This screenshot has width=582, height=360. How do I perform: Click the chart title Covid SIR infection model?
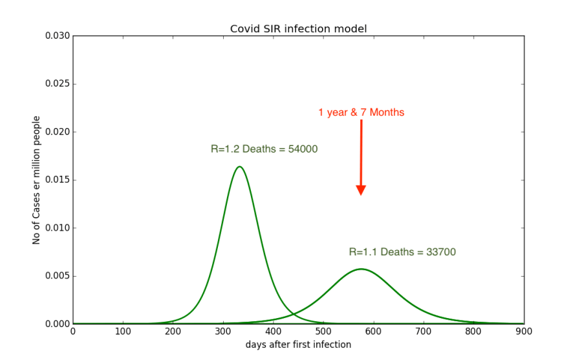(x=298, y=29)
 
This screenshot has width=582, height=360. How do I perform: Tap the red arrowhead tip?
(x=361, y=195)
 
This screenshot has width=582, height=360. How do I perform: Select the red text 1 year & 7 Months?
(x=361, y=112)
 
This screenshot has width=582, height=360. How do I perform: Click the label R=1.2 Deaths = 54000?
(x=264, y=149)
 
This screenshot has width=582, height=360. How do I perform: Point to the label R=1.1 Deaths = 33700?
(x=402, y=252)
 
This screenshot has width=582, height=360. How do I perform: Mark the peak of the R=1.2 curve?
(x=239, y=167)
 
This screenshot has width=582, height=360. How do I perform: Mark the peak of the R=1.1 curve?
(x=361, y=269)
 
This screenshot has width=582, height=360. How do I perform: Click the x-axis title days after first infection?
(x=298, y=344)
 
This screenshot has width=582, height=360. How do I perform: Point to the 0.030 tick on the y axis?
(x=57, y=36)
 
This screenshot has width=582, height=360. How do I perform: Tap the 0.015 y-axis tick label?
(x=57, y=180)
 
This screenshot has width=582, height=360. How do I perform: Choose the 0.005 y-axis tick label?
(x=57, y=276)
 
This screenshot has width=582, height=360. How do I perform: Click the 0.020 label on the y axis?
(x=57, y=132)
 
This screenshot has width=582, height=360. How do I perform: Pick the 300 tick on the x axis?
(x=223, y=332)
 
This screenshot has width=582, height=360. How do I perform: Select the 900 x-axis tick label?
(x=524, y=332)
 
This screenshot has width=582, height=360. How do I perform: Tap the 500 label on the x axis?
(x=323, y=332)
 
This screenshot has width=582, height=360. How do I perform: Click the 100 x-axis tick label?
(x=123, y=332)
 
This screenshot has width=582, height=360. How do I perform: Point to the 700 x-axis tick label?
(x=424, y=332)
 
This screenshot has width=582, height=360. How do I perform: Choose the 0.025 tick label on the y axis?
(x=57, y=84)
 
